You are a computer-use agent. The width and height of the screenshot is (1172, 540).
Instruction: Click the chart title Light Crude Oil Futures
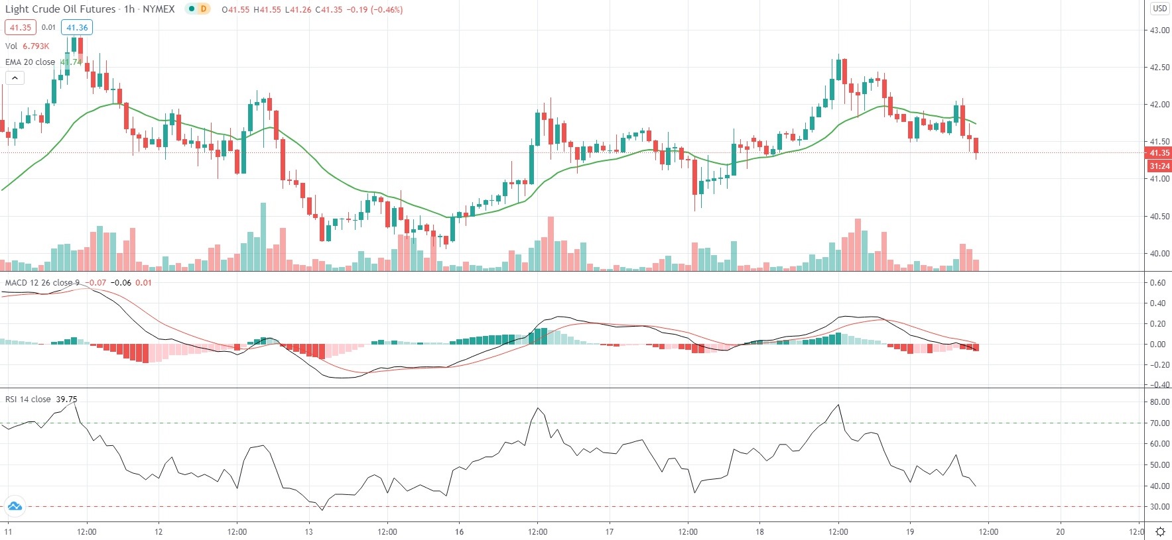coord(60,9)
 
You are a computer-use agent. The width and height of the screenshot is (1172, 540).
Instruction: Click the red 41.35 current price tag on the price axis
coord(1159,153)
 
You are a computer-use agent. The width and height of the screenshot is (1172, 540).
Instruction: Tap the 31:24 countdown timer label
coord(1159,166)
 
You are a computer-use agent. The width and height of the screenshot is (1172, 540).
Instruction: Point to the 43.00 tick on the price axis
coord(1159,30)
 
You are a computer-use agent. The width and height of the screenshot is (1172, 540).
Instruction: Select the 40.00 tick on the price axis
coord(1159,254)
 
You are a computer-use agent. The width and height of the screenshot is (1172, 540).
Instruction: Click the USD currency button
coord(1159,9)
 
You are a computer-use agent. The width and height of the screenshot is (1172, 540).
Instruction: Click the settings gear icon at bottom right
coord(1160,531)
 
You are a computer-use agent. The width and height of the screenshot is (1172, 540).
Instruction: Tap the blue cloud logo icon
coord(14,507)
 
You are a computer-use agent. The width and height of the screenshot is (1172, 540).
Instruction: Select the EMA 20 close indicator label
coord(31,62)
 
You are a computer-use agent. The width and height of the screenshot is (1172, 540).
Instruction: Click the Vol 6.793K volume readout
coord(27,46)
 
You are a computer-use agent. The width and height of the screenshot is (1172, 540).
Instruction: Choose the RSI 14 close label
coord(28,400)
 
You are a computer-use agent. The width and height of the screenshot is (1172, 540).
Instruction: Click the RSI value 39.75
coord(66,400)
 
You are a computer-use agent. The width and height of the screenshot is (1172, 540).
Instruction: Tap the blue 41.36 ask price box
coord(77,28)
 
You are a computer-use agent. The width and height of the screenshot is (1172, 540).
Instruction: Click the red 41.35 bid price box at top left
coord(20,28)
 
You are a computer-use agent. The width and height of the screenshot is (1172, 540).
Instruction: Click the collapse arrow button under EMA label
coord(15,78)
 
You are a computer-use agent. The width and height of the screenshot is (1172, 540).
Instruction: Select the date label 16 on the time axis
coord(459,531)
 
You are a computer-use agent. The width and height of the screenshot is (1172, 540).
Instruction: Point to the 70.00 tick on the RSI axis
coord(1159,423)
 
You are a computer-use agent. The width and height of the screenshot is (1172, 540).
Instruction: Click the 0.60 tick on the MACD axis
coord(1158,283)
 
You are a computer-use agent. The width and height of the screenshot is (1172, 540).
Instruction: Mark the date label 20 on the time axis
coord(1061,531)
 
